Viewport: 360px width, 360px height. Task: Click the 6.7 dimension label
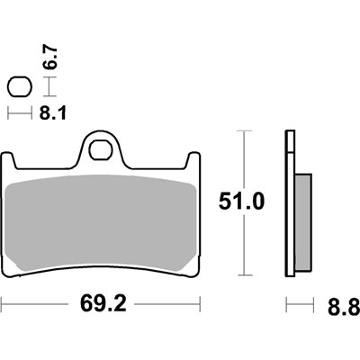pos(52,61)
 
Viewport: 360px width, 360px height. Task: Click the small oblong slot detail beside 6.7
pos(18,87)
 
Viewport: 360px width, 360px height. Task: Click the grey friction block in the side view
pos(303,220)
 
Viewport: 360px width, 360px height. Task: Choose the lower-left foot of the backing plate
pos(12,267)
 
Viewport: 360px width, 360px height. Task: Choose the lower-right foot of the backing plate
pos(192,267)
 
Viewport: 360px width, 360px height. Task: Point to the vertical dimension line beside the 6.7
pos(47,87)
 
